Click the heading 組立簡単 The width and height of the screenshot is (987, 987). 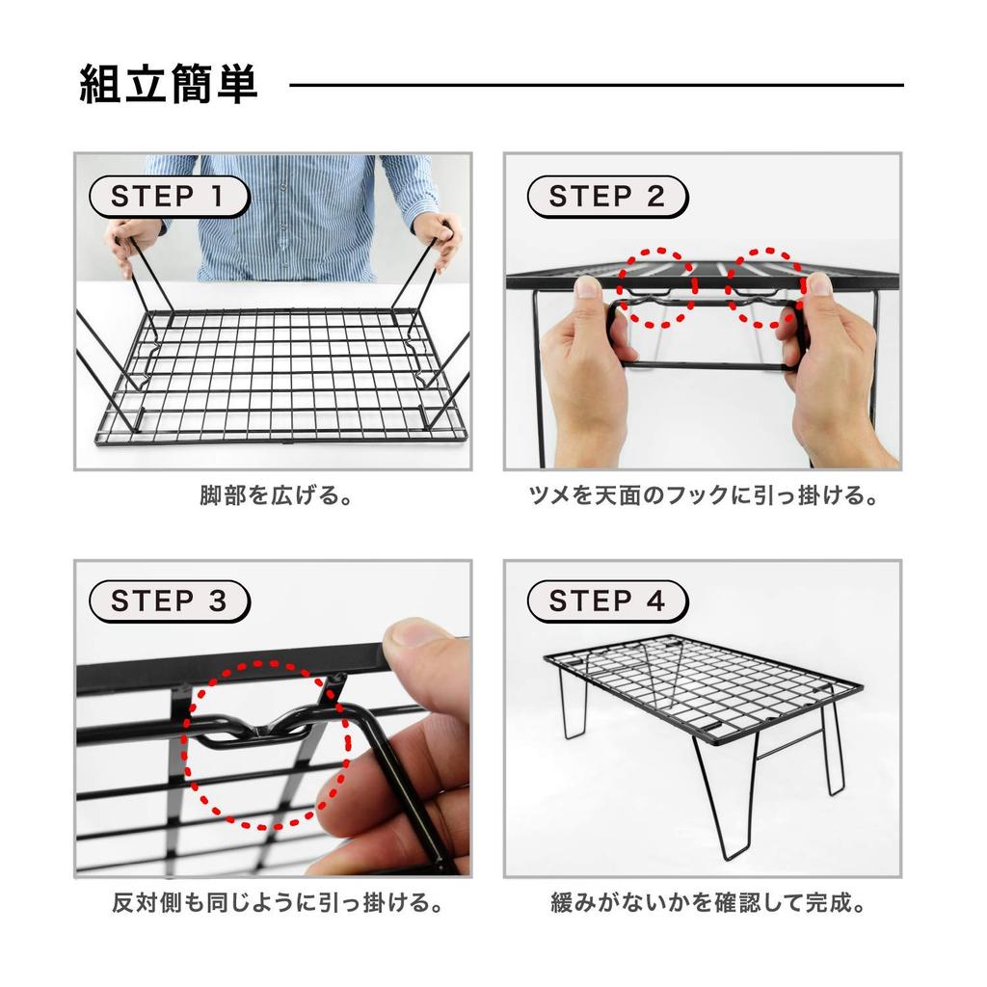coord(169,84)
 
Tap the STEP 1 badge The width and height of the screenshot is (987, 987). coord(169,197)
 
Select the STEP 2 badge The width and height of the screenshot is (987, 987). coord(607,197)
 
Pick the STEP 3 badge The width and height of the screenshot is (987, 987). coord(169,601)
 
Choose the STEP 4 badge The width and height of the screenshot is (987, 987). coord(607,601)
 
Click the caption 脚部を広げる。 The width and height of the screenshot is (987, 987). coord(276,495)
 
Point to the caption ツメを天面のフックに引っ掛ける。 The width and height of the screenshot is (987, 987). coord(703,495)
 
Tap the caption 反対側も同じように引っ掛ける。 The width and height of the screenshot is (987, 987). coord(277,902)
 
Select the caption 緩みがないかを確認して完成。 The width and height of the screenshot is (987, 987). coord(708,902)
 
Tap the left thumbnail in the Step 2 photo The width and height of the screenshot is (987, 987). coord(590,287)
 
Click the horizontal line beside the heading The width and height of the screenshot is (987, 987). coord(596,85)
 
